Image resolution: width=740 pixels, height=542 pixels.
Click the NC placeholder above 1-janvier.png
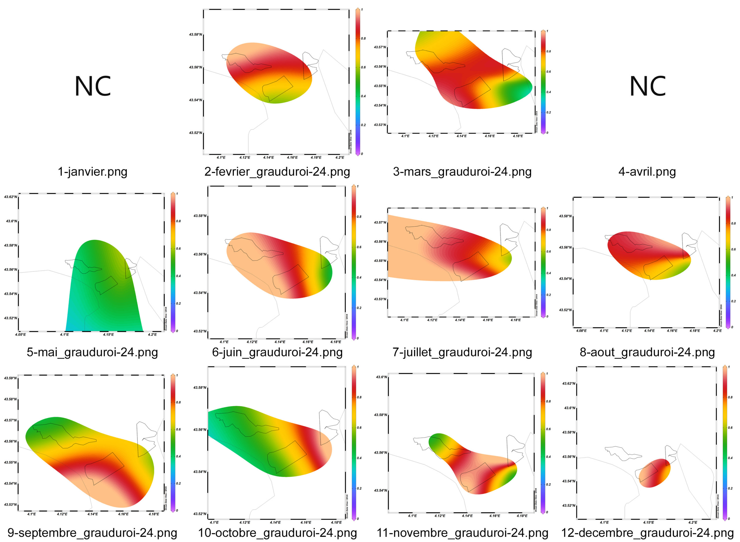(x=92, y=86)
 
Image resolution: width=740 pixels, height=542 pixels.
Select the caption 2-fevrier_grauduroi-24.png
(x=277, y=172)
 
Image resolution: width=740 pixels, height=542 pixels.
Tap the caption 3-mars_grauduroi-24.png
(x=462, y=172)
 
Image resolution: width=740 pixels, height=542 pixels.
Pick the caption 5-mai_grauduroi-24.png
(x=92, y=352)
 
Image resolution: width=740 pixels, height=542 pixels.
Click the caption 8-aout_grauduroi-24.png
(x=647, y=352)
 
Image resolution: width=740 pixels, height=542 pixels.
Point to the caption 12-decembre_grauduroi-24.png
(x=647, y=533)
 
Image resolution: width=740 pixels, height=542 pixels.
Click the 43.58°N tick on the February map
(x=195, y=34)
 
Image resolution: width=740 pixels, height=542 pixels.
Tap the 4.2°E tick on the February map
(x=340, y=157)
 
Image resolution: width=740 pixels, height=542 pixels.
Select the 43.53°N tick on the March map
(x=380, y=125)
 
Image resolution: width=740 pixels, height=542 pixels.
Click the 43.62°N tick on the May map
(x=10, y=197)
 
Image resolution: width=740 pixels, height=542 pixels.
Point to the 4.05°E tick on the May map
(x=20, y=335)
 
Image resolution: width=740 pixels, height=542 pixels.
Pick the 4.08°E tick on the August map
(x=581, y=331)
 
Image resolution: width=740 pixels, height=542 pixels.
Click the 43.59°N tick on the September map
(x=10, y=378)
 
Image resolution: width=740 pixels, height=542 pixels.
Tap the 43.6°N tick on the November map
(x=382, y=377)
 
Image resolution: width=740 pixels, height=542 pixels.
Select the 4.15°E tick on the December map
(x=648, y=522)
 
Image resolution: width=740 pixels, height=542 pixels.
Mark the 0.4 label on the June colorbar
(x=359, y=277)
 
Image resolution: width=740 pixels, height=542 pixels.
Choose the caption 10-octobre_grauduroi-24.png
(x=277, y=533)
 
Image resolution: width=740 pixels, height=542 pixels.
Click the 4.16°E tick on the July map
(x=488, y=320)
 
